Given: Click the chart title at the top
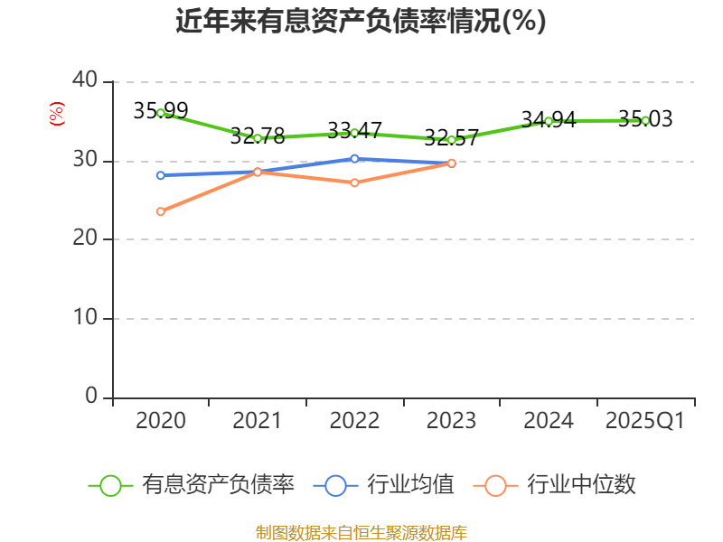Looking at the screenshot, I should click(361, 22).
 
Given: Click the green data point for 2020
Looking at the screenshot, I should click(161, 113).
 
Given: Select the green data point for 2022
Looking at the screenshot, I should click(354, 133).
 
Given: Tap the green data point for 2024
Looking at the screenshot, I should click(549, 121).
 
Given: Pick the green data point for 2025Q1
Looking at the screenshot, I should click(645, 120).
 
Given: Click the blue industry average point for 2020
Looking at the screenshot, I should click(161, 175).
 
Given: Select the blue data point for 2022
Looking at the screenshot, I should click(354, 159).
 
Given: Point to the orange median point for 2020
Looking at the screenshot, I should click(161, 211).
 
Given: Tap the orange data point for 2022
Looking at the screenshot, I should click(354, 182).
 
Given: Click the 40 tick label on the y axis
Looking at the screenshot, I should click(85, 81).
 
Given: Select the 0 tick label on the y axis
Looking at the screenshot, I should click(91, 397).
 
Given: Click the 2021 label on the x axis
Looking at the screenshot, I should click(258, 421).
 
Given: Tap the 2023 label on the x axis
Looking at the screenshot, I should click(452, 421).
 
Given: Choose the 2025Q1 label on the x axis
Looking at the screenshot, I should click(645, 421).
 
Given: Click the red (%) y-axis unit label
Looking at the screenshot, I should click(57, 115).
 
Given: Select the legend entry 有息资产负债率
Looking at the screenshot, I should click(218, 485).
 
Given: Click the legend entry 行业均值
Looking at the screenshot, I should click(410, 485).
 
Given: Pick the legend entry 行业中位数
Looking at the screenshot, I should click(581, 485).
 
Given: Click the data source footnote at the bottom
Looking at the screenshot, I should click(361, 532).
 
